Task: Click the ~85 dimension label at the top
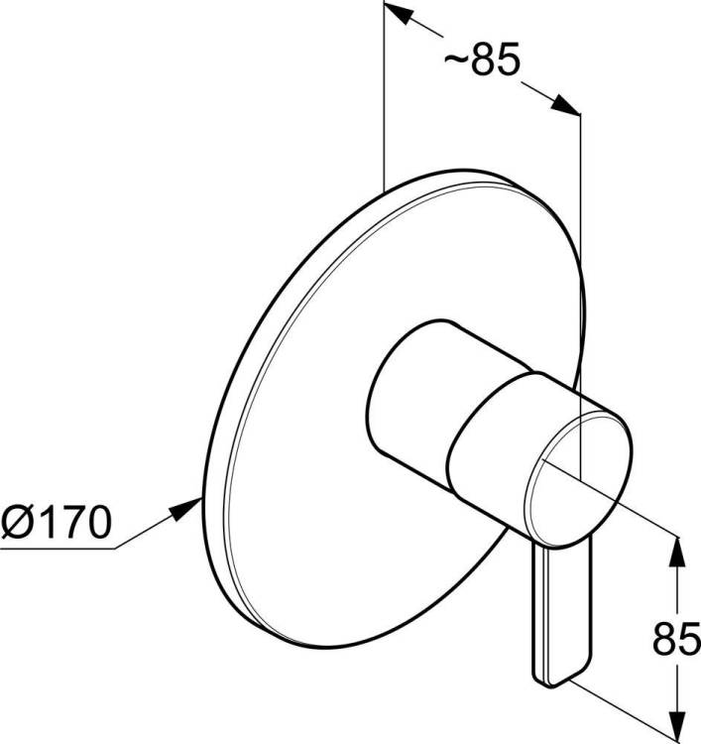pyautogui.click(x=482, y=59)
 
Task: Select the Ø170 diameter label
pyautogui.click(x=56, y=522)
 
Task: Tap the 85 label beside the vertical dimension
pyautogui.click(x=676, y=639)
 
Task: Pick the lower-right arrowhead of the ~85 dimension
pyautogui.click(x=566, y=105)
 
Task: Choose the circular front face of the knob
pyautogui.click(x=579, y=479)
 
